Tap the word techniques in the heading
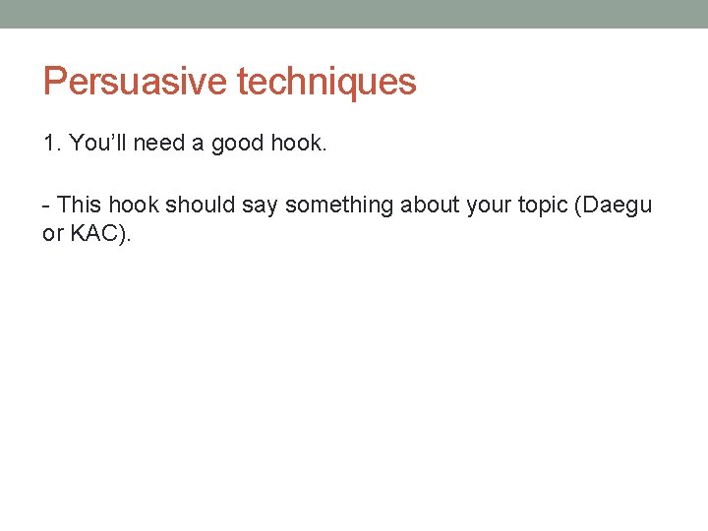[x=326, y=82]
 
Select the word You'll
[x=97, y=144]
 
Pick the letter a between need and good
[x=198, y=145]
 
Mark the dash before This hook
[x=46, y=206]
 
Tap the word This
[x=80, y=205]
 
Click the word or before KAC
[x=52, y=237]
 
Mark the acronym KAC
[x=91, y=236]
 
